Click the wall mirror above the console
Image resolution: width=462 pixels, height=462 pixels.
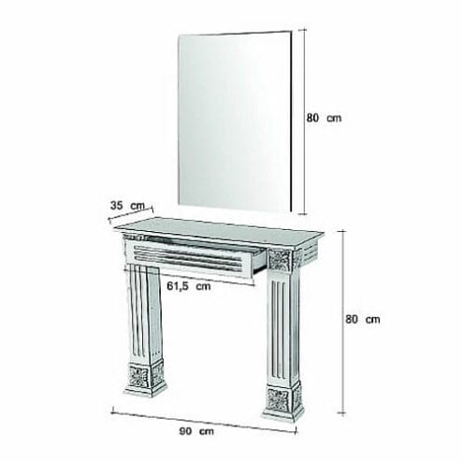coord(235,122)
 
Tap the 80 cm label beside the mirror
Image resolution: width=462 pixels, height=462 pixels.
coord(324,118)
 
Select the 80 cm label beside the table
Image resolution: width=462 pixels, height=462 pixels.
coord(363,319)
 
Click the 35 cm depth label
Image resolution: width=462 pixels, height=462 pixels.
coord(127,206)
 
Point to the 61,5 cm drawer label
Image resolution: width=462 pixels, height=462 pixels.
coord(189,285)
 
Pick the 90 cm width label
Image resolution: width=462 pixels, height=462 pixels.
coord(196,431)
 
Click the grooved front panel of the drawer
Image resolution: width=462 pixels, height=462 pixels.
coord(189,257)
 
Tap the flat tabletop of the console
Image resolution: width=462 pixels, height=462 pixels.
coord(219,231)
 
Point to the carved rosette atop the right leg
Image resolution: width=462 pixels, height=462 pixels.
coord(280,260)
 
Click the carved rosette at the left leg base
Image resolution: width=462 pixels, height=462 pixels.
coord(138,376)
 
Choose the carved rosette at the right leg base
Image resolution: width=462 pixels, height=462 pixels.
coord(278,400)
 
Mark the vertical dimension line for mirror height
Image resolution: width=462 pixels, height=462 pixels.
coord(303,122)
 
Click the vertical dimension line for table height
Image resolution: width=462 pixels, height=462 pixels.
coord(343,322)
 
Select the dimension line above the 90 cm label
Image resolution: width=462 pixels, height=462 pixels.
coord(204,420)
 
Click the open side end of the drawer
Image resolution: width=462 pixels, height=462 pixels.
coord(260,261)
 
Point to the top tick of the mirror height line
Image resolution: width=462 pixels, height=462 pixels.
coord(303,30)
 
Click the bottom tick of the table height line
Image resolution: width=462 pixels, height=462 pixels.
coord(343,413)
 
